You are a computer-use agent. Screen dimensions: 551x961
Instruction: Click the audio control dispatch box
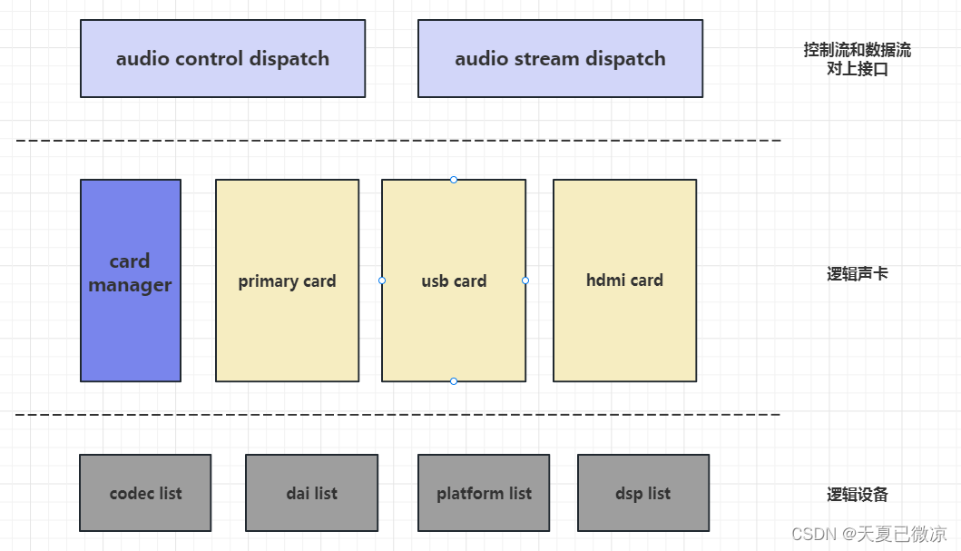tap(222, 59)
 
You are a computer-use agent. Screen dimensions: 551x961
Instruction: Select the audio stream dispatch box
tap(560, 59)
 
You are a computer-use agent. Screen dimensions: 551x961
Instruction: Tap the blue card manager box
tap(130, 280)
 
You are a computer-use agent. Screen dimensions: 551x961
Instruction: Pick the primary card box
tap(287, 280)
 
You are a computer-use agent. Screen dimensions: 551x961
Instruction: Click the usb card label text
tap(454, 281)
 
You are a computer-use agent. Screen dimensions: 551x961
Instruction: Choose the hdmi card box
tap(624, 280)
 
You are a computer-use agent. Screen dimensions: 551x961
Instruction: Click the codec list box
tap(145, 493)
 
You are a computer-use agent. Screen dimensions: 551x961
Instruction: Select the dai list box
tap(311, 493)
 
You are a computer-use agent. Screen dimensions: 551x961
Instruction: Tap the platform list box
tap(484, 493)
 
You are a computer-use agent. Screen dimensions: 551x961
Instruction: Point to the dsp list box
tap(642, 493)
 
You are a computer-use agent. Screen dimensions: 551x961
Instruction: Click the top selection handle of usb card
tap(454, 180)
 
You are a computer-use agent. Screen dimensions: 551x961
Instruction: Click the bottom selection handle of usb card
tap(454, 381)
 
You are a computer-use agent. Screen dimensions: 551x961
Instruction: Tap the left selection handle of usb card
tap(382, 280)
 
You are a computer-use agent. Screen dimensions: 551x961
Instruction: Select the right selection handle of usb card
tap(525, 280)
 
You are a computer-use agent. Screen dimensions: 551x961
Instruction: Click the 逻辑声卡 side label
tap(857, 273)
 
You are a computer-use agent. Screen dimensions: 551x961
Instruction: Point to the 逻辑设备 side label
tap(857, 495)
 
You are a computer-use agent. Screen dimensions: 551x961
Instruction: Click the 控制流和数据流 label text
tap(857, 51)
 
